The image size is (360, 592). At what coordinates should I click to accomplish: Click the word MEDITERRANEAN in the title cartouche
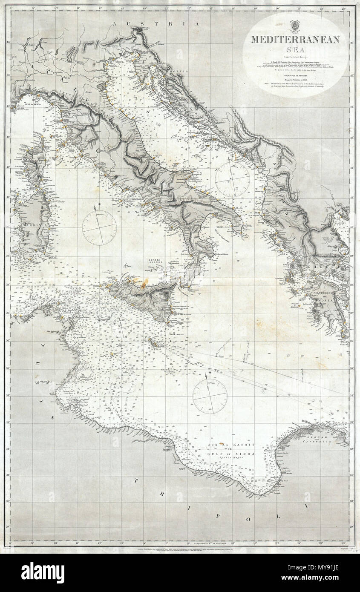coord(295,40)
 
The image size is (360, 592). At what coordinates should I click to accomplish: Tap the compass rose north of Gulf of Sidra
coord(210,396)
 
